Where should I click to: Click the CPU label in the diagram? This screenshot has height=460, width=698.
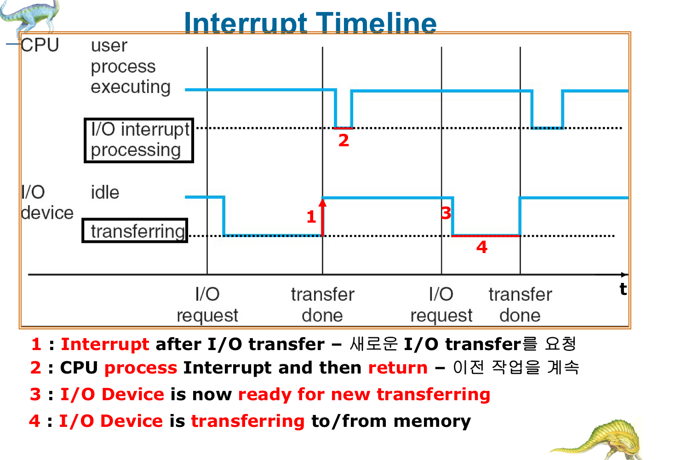click(40, 45)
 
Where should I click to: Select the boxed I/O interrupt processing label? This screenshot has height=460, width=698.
click(139, 140)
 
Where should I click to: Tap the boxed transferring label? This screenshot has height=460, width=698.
click(135, 230)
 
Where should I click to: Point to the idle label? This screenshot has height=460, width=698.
click(105, 192)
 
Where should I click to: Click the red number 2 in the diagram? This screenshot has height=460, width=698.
click(343, 140)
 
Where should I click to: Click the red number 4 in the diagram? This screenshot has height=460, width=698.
click(482, 247)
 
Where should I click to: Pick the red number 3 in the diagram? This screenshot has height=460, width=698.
click(446, 213)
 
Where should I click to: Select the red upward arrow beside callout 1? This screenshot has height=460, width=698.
click(322, 217)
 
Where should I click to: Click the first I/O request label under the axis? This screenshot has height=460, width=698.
click(207, 305)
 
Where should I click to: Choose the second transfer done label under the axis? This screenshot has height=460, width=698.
click(520, 305)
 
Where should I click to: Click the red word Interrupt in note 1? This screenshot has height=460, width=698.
click(105, 344)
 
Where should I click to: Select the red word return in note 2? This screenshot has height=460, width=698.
click(398, 368)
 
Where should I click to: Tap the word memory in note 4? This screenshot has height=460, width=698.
click(432, 421)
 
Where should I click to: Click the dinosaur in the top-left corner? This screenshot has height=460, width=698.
click(29, 16)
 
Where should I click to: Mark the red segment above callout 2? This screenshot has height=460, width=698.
click(343, 128)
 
